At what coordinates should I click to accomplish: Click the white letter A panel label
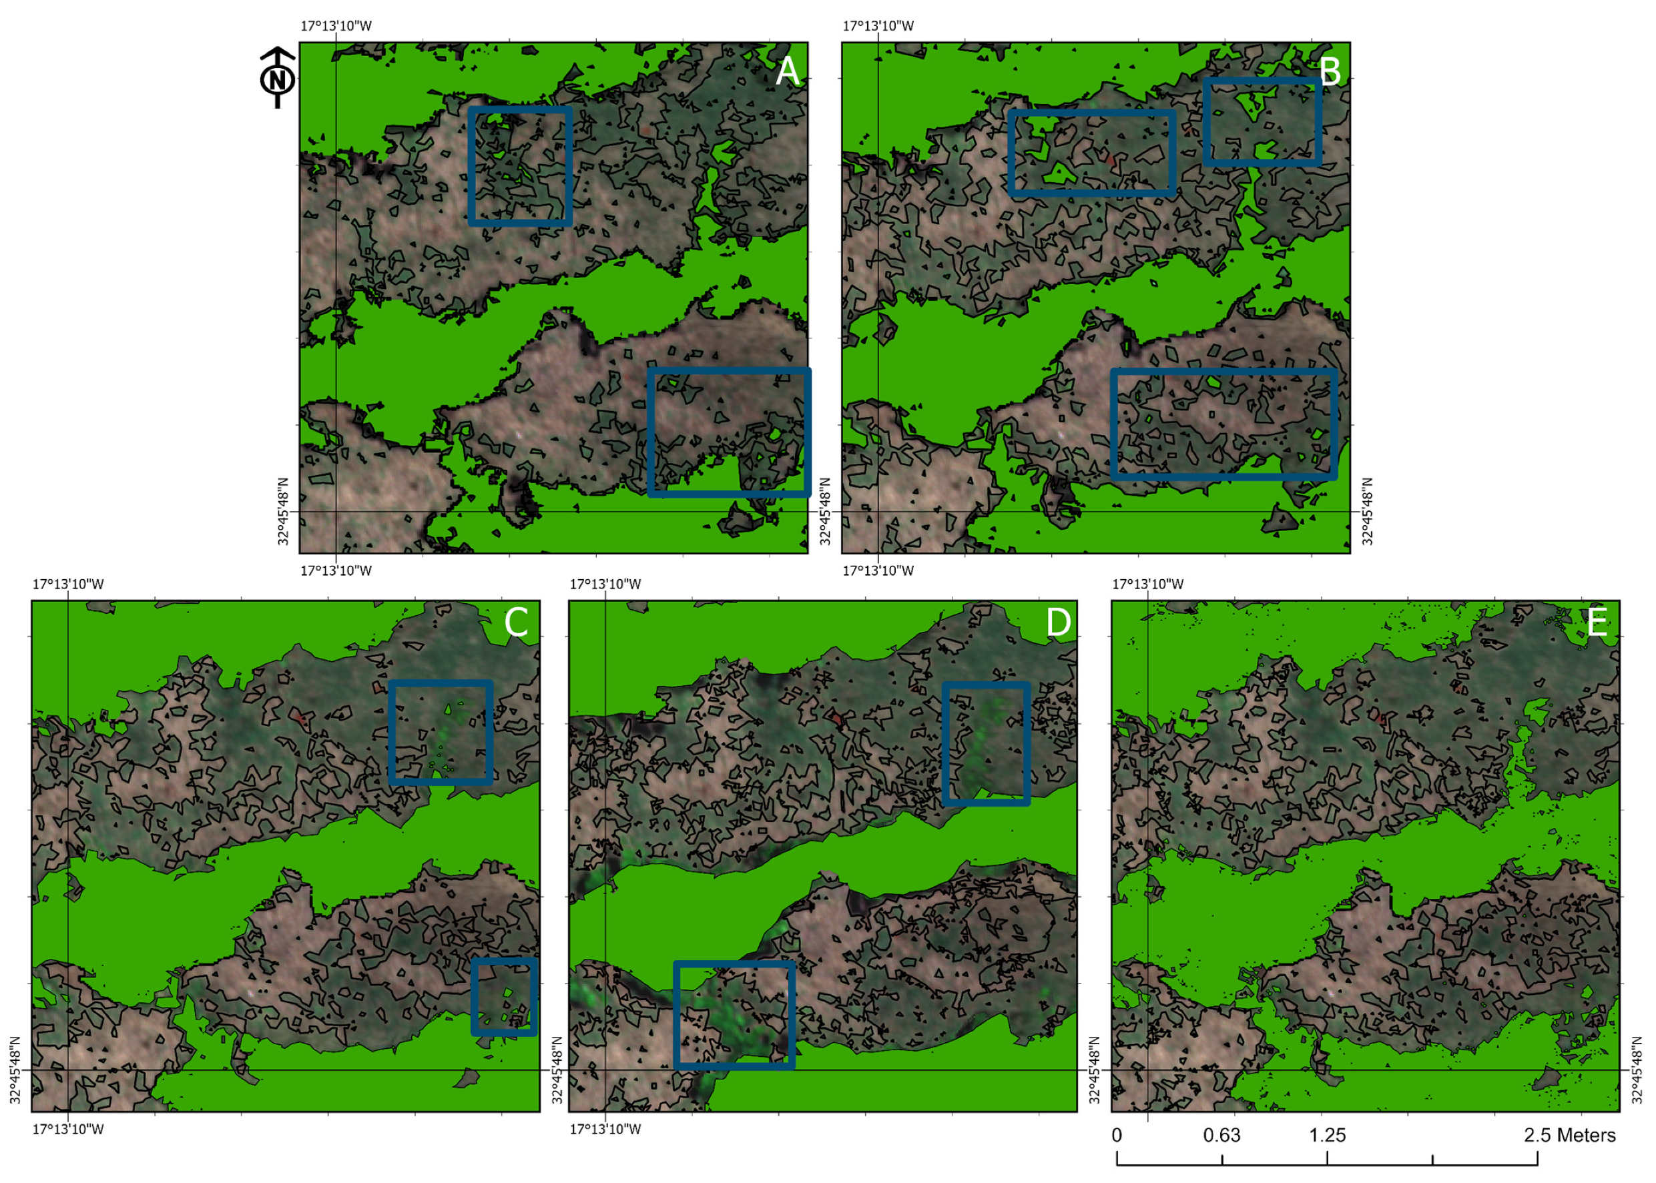pyautogui.click(x=788, y=71)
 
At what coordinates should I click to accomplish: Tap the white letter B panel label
pyautogui.click(x=1330, y=71)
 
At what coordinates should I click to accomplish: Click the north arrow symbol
pyautogui.click(x=278, y=77)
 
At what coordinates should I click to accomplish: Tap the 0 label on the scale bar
pyautogui.click(x=1117, y=1135)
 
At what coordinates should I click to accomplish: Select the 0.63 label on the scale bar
pyautogui.click(x=1221, y=1135)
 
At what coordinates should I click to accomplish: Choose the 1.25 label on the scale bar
pyautogui.click(x=1327, y=1135)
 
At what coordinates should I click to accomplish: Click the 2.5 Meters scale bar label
pyautogui.click(x=1569, y=1135)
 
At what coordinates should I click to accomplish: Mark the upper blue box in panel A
pyautogui.click(x=519, y=166)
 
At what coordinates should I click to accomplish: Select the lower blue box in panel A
pyautogui.click(x=729, y=432)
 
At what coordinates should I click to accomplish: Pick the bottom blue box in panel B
pyautogui.click(x=1224, y=424)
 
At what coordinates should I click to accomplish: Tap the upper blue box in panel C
pyautogui.click(x=441, y=732)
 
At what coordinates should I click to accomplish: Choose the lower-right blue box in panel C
pyautogui.click(x=504, y=997)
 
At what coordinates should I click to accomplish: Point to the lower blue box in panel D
pyautogui.click(x=734, y=1016)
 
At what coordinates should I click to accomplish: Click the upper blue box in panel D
pyautogui.click(x=986, y=744)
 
